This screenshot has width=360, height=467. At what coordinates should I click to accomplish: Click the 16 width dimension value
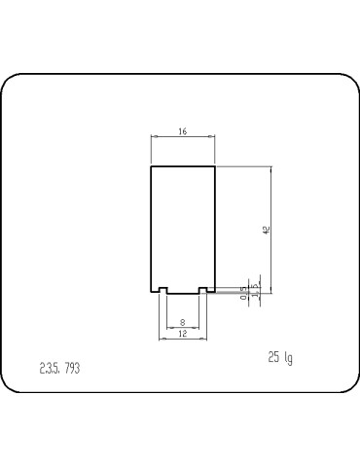183,131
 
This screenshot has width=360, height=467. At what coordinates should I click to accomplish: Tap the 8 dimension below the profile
183,322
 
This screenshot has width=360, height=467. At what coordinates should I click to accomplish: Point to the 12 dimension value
183,334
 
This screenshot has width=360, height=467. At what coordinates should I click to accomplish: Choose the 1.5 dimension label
255,289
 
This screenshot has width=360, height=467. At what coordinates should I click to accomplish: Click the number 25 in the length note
274,357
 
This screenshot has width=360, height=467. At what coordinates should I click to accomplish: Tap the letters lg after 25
288,358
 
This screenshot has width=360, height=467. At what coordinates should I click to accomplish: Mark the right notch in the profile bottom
202,290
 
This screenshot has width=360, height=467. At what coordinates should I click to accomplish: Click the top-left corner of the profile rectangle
151,167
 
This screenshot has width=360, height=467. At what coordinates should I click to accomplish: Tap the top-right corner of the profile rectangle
215,167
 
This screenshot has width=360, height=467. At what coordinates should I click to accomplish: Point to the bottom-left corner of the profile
151,293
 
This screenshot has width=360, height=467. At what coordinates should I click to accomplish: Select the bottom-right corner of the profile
215,293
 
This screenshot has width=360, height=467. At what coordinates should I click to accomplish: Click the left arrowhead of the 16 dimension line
153,138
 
